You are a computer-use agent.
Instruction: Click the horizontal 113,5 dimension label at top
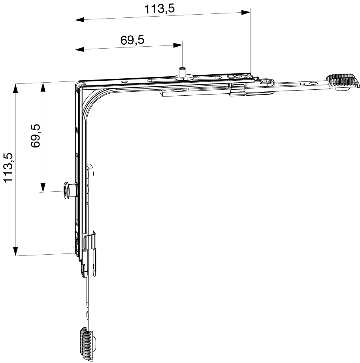[x=159, y=9]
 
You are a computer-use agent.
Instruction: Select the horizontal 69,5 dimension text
[x=132, y=40]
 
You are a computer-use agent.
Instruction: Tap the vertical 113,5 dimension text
[x=8, y=167]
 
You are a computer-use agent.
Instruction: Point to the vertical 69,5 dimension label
[x=35, y=136]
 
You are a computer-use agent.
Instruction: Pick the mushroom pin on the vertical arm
[x=70, y=190]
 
